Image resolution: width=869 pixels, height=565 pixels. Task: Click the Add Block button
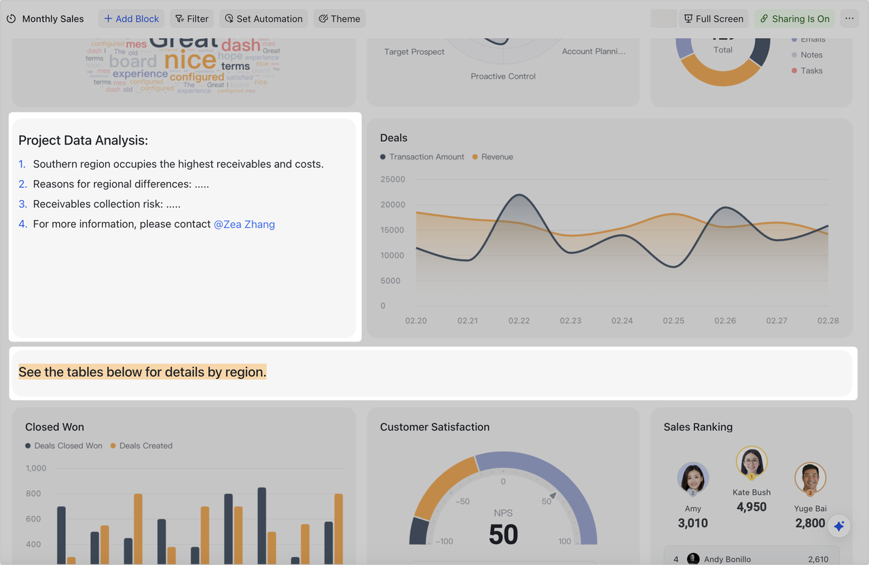(x=131, y=18)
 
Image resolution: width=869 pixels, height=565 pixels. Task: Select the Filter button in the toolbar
(x=191, y=18)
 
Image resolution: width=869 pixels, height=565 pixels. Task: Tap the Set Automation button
(x=263, y=18)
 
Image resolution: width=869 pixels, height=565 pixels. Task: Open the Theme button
(x=339, y=18)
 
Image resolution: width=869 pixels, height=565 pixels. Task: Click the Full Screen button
(x=714, y=18)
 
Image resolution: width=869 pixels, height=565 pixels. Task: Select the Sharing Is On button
(x=794, y=18)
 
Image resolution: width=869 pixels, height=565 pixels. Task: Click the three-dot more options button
(x=849, y=18)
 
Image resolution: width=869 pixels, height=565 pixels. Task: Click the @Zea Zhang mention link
(x=244, y=224)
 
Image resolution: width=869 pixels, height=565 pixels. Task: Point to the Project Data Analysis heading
(x=83, y=141)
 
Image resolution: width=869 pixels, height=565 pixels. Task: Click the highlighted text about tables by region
(x=143, y=372)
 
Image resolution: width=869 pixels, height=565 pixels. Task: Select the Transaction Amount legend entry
(x=426, y=157)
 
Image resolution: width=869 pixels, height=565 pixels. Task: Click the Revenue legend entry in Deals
(x=496, y=157)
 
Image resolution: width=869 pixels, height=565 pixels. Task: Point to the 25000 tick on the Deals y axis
(x=392, y=179)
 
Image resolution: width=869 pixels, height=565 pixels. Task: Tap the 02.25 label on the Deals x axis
(x=673, y=321)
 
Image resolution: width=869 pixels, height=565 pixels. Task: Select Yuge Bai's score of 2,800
(x=810, y=523)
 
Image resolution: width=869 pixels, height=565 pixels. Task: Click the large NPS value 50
(x=503, y=535)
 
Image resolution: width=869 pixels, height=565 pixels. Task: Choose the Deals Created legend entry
(x=145, y=446)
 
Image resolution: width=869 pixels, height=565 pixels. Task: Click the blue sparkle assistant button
(x=839, y=526)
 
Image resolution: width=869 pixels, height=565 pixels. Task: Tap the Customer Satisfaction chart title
(x=434, y=427)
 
